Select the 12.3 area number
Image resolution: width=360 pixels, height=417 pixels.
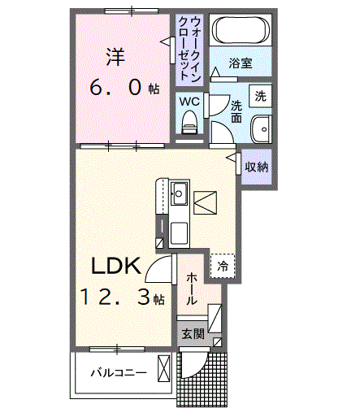click(x=115, y=298)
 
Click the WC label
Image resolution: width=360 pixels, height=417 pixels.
click(x=189, y=102)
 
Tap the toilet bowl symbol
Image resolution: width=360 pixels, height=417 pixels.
click(x=189, y=121)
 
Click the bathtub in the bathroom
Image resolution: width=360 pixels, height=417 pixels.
click(x=241, y=33)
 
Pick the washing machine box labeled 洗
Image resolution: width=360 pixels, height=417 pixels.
click(x=259, y=95)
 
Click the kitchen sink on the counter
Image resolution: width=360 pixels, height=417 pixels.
click(x=180, y=194)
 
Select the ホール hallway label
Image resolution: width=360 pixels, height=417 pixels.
click(x=192, y=288)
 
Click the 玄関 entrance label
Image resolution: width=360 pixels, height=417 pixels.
click(x=193, y=333)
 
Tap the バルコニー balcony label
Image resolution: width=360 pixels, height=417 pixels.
click(x=119, y=373)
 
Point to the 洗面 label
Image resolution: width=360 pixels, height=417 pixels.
click(x=236, y=111)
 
